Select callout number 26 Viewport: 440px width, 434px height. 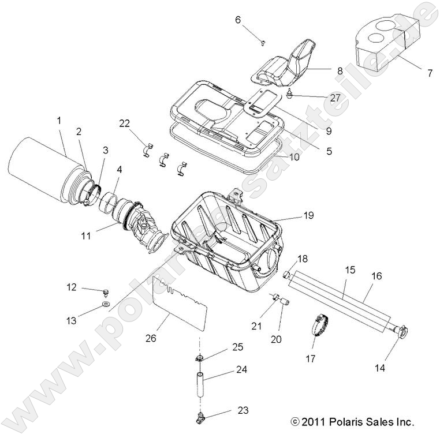151,338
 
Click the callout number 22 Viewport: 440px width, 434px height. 125,123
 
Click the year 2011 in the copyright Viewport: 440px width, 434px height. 313,422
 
